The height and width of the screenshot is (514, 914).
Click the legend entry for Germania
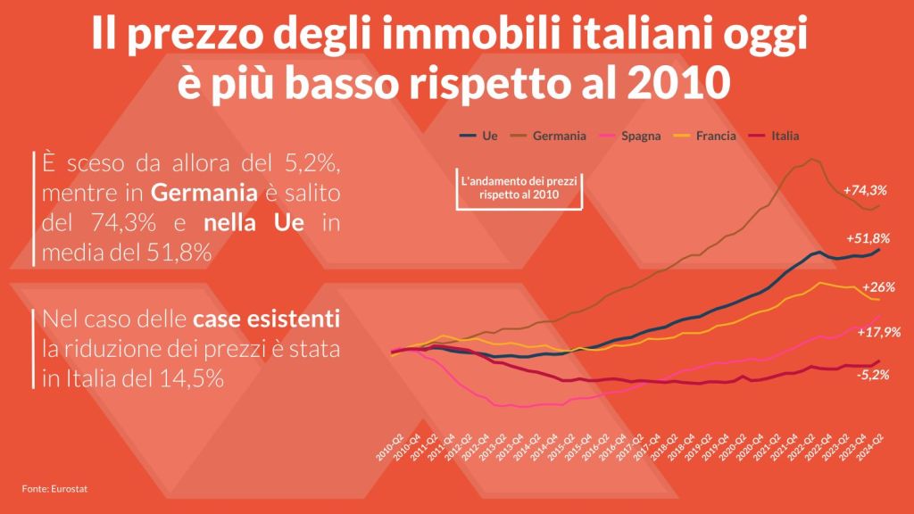tap(559, 137)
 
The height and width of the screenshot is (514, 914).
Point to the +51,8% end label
tap(868, 238)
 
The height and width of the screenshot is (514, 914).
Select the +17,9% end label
tap(878, 332)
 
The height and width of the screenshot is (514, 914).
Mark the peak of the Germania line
tap(810, 160)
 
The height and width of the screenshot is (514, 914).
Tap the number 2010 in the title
tap(679, 84)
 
